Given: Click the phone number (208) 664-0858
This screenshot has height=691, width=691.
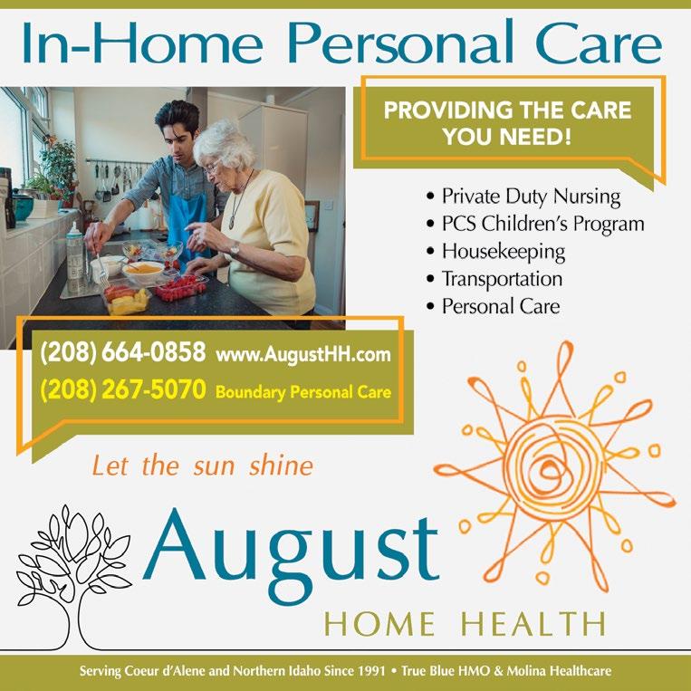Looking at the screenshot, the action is pos(123,352).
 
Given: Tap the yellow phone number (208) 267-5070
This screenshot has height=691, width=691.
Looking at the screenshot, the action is pos(123,389).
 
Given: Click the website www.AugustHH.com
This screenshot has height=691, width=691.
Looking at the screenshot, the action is pos(303,354).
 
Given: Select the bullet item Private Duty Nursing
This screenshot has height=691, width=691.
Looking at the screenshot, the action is pos(531,197).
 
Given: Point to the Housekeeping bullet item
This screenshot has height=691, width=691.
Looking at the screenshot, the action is pos(504,252).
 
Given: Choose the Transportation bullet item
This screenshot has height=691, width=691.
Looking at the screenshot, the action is pos(502,279).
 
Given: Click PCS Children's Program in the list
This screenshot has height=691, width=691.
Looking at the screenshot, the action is pos(543,224).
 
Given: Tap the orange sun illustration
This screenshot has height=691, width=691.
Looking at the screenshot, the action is pos(555,467).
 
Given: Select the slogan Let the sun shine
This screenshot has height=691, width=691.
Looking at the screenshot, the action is pos(203,465).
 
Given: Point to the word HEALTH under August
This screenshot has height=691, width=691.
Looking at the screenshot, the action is pos(533,624).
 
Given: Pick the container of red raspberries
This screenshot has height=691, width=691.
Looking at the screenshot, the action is pos(181,289).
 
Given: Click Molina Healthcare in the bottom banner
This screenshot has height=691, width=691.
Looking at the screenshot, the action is pos(559,671).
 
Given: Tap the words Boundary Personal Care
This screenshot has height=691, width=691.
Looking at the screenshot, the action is pos(303,392).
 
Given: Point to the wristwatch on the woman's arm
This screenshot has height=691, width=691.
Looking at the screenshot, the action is pos(235,249).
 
